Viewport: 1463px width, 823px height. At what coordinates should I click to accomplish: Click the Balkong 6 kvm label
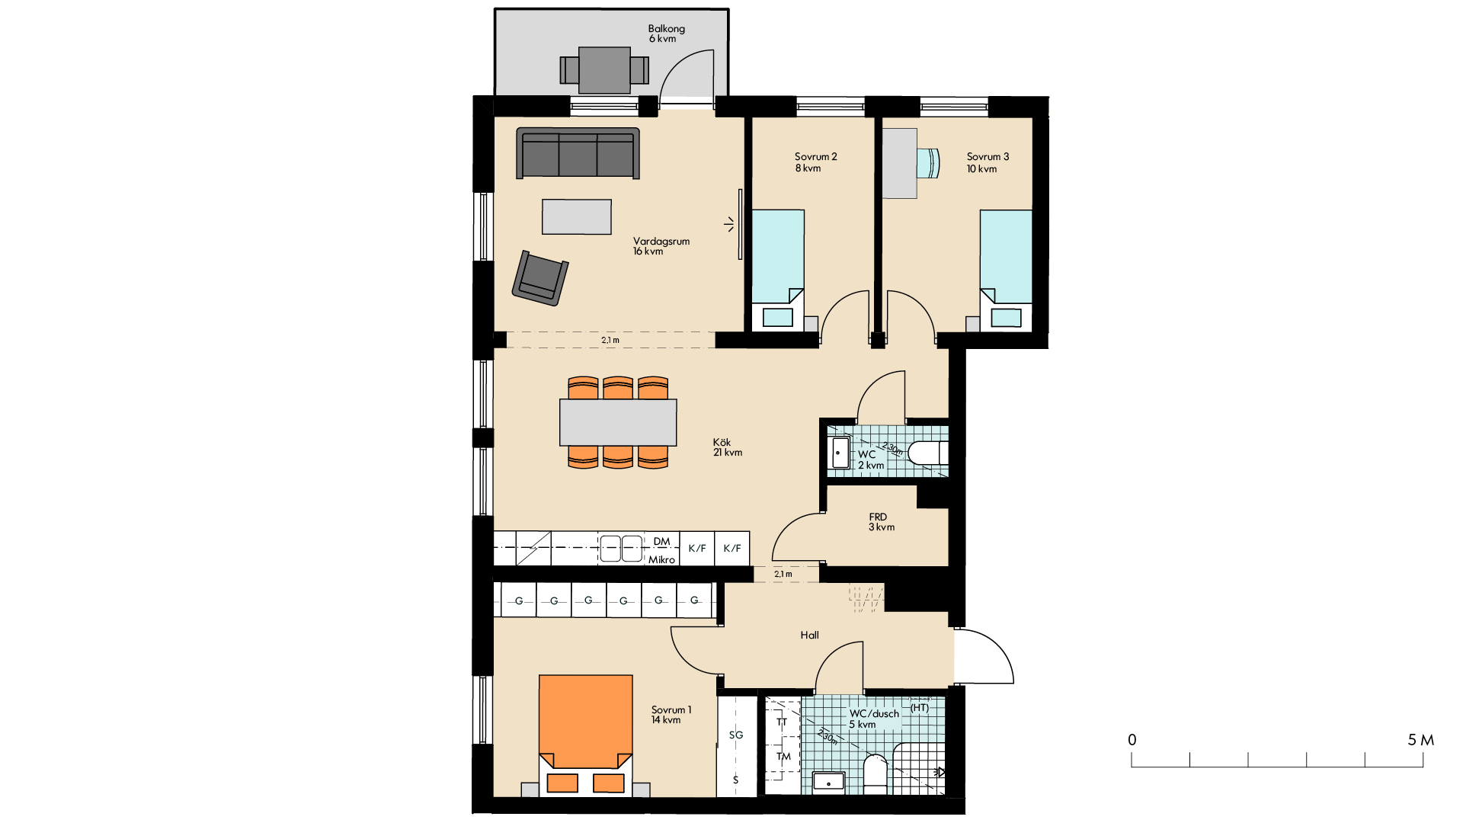tap(666, 34)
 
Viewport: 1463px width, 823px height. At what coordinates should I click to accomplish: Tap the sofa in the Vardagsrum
tap(578, 153)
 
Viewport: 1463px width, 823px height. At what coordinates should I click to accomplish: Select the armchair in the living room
tap(540, 278)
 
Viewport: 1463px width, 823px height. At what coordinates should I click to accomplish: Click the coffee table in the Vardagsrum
tap(577, 216)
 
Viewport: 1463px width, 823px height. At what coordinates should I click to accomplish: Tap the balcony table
tap(604, 70)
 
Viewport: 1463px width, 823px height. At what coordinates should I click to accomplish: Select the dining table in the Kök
tap(618, 422)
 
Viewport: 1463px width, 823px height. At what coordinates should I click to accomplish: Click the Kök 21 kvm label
tap(728, 447)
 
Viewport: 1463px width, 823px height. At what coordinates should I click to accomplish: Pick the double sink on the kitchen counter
tap(621, 549)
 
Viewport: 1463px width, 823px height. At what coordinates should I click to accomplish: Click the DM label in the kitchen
tap(661, 542)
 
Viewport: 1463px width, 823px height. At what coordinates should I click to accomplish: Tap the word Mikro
tap(661, 559)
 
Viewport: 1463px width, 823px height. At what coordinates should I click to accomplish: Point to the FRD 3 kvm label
tap(882, 522)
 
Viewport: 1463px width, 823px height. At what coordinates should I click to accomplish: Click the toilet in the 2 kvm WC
tap(928, 453)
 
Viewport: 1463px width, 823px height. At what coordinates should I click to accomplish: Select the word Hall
tap(809, 635)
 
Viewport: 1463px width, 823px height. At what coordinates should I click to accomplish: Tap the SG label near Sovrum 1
tap(735, 735)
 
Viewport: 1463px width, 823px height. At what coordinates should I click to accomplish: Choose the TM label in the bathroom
tap(783, 757)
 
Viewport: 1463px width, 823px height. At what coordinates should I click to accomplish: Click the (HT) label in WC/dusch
tap(920, 708)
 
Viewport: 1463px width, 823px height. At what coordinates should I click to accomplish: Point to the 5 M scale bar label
tap(1420, 740)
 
